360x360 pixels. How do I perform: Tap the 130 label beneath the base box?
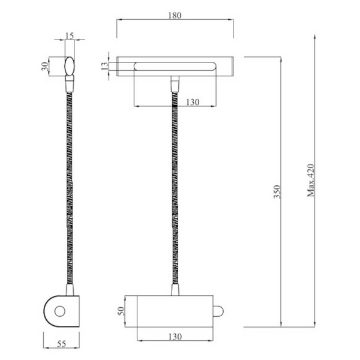pos(175,338)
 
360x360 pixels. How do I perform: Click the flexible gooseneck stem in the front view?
pos(176,192)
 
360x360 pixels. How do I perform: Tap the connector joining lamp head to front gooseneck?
pos(175,84)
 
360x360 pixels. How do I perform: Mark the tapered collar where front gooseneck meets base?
pos(176,290)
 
